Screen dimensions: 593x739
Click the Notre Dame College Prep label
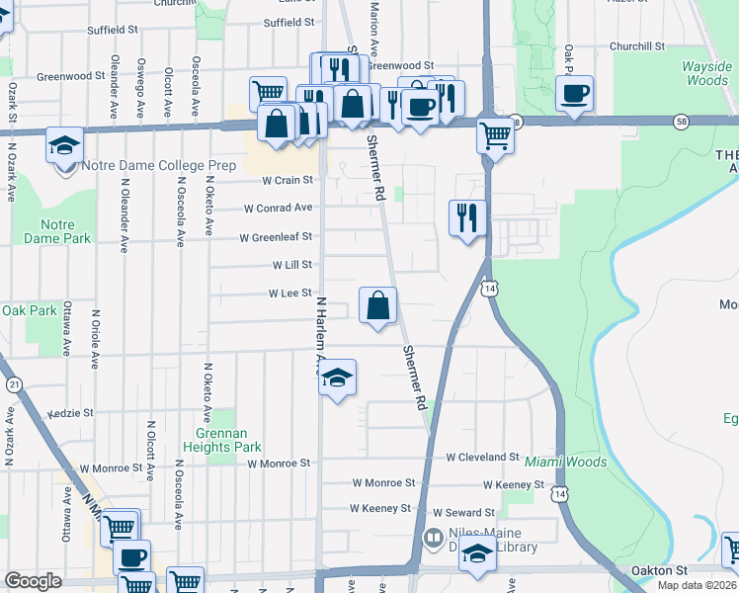click(159, 166)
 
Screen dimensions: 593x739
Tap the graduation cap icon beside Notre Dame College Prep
click(65, 145)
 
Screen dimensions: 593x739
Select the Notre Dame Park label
click(65, 231)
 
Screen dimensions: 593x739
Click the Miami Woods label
click(565, 462)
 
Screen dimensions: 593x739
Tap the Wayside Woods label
click(706, 74)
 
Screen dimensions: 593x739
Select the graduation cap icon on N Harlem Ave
click(337, 377)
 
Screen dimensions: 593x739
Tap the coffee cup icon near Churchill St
click(574, 93)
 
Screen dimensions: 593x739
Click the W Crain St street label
click(287, 180)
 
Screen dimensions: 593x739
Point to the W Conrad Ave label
click(278, 208)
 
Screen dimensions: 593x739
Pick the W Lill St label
click(292, 265)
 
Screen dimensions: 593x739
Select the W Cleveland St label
click(482, 458)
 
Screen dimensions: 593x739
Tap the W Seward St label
click(462, 513)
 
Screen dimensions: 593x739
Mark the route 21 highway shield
click(14, 383)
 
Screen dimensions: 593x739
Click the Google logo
click(33, 581)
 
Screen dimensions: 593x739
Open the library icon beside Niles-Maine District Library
click(433, 539)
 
